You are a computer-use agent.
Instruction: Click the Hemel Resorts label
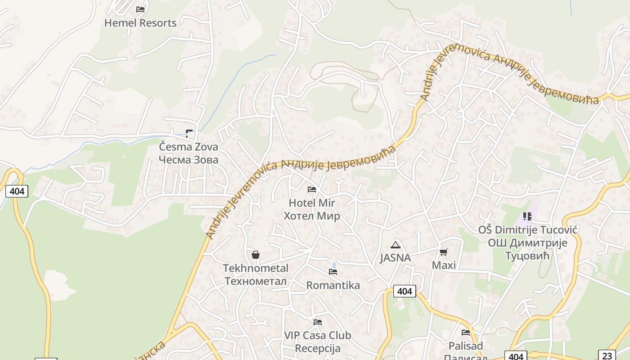click(140, 23)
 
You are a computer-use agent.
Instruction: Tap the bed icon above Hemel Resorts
click(140, 9)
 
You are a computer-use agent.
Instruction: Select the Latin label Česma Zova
click(189, 147)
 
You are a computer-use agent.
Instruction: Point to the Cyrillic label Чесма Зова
click(189, 160)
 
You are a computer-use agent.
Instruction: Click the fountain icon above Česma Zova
click(189, 133)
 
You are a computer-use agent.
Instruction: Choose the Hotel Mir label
click(312, 203)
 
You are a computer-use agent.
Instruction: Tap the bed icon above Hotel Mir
click(312, 189)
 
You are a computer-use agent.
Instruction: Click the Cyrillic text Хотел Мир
click(312, 216)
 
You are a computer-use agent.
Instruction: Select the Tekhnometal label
click(256, 268)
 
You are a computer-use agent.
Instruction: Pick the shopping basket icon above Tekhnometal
click(256, 255)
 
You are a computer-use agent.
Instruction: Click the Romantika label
click(333, 285)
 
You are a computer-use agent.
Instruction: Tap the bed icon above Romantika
click(333, 271)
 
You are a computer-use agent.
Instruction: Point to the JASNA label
click(395, 258)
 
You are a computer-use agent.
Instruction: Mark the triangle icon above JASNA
click(396, 245)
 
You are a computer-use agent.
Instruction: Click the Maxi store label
click(444, 265)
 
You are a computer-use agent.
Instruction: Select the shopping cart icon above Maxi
click(444, 252)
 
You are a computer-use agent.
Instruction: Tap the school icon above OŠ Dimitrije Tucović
click(527, 216)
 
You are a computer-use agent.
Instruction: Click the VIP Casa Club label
click(318, 335)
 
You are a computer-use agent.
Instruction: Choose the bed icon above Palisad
click(466, 333)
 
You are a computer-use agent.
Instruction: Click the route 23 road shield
click(607, 355)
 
